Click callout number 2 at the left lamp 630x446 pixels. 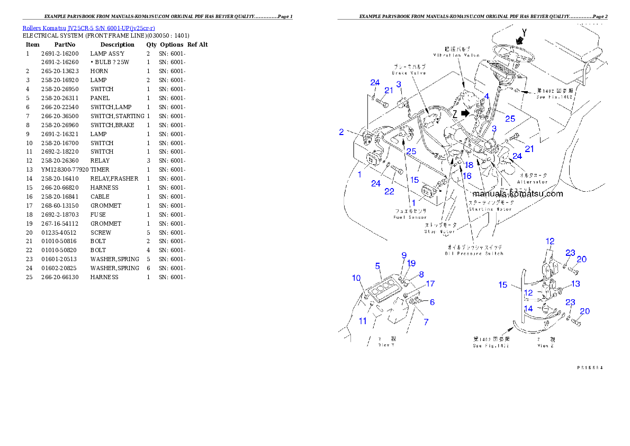(342, 132)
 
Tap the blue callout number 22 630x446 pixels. (389, 191)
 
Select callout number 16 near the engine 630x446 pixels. (466, 175)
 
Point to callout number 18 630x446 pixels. (469, 165)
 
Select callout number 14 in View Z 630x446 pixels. (528, 308)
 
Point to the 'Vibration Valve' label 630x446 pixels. (456, 55)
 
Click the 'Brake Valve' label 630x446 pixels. (409, 73)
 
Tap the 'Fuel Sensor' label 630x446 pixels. (410, 217)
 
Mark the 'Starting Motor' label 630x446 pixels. (490, 209)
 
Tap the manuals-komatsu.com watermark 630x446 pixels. (517, 193)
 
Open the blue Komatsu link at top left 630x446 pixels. (88, 28)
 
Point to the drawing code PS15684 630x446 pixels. (590, 367)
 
